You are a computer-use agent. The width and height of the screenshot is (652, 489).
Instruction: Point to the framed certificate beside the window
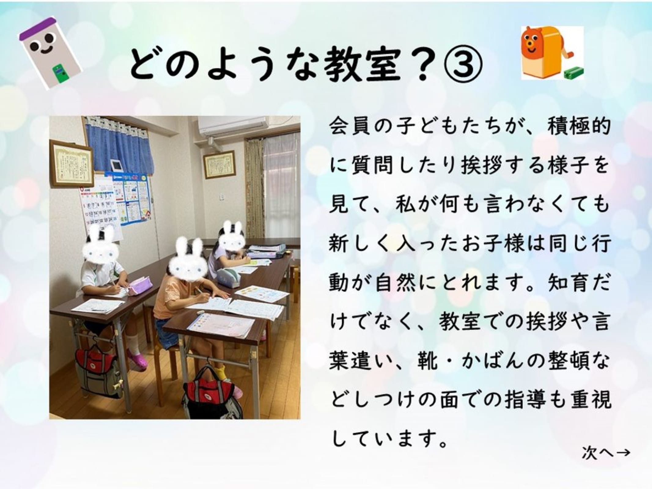point(219,164)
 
